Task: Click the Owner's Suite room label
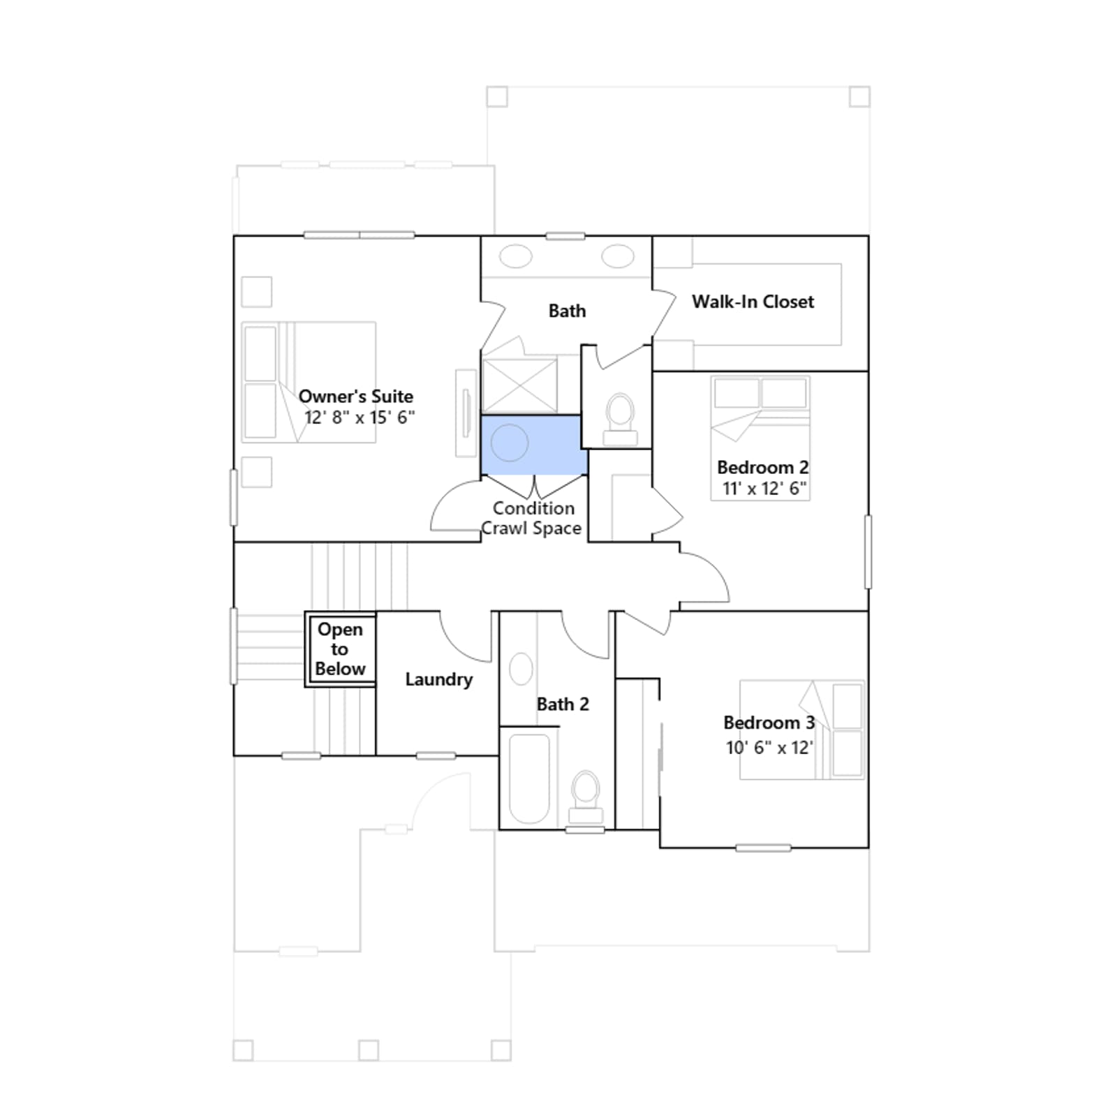click(356, 397)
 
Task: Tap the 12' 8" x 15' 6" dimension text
click(360, 417)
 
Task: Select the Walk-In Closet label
click(753, 302)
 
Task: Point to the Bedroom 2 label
click(762, 467)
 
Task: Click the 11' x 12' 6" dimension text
click(764, 488)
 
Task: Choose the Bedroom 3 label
click(769, 723)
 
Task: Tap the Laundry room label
click(438, 679)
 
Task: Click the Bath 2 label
click(563, 704)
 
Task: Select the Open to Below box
click(341, 649)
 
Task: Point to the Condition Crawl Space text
click(531, 518)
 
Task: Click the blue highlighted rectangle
click(534, 445)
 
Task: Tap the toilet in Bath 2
click(586, 797)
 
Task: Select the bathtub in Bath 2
click(529, 778)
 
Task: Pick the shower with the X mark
click(520, 385)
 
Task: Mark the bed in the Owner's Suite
click(309, 382)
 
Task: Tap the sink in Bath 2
click(521, 669)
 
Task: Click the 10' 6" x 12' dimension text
click(769, 748)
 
